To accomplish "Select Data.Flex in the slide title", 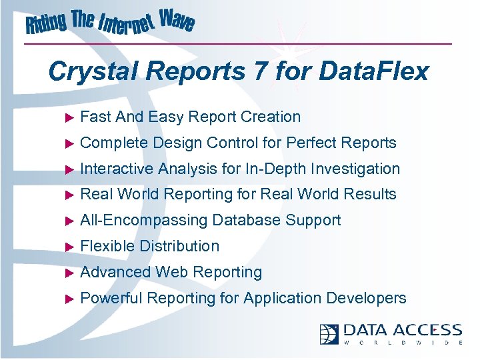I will [376, 71].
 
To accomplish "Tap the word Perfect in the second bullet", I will [311, 143].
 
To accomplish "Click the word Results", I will [370, 194].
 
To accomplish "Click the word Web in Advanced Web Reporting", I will [172, 272].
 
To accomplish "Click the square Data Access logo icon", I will [329, 333].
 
